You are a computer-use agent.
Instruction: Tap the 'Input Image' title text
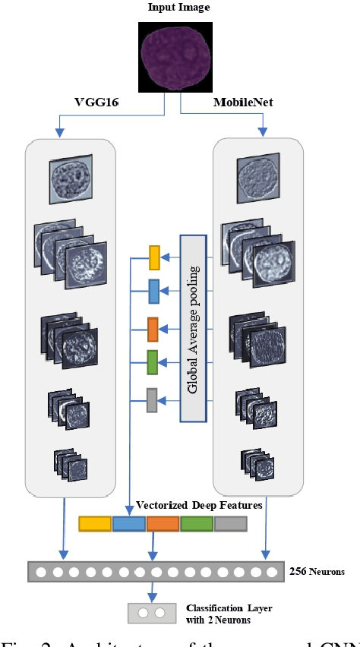(x=180, y=8)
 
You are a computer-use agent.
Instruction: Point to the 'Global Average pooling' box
(x=193, y=327)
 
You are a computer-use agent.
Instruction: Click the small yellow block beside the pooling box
(x=154, y=258)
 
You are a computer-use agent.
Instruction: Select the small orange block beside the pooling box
(x=153, y=330)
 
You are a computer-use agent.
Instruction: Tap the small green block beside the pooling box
(x=152, y=363)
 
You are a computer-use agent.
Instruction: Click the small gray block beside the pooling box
(x=152, y=399)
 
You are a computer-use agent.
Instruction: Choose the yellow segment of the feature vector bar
(x=95, y=523)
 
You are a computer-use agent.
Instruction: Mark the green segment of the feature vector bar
(x=197, y=523)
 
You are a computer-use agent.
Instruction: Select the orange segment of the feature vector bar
(x=163, y=523)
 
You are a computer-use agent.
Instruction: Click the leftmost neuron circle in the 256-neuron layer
(x=39, y=571)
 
